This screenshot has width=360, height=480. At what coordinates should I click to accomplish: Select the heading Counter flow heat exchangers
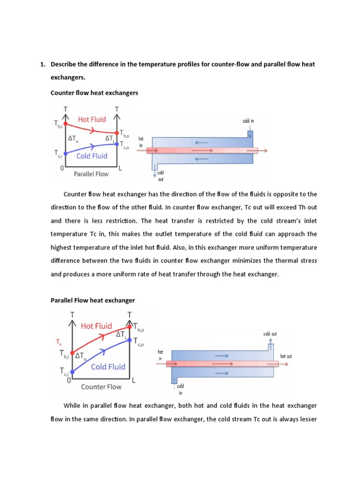[x=94, y=93]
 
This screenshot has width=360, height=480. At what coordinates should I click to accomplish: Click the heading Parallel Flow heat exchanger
[x=92, y=300]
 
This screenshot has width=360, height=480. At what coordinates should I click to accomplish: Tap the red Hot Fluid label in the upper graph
[x=92, y=120]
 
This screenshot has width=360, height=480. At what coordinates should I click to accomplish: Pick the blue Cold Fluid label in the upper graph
[x=92, y=156]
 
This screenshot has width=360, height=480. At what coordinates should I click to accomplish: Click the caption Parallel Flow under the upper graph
[x=91, y=174]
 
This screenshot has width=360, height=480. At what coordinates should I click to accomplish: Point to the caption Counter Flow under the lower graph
[x=101, y=387]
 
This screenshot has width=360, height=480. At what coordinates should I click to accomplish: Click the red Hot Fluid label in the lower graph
[x=96, y=326]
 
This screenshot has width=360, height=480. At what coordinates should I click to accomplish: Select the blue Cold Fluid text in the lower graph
[x=108, y=367]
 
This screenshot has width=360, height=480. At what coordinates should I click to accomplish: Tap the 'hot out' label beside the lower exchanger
[x=286, y=356]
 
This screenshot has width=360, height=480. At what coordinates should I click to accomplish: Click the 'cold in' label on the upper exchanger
[x=248, y=121]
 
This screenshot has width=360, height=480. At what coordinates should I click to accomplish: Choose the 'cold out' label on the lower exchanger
[x=270, y=334]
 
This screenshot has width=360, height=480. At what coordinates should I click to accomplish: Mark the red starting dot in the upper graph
[x=65, y=124]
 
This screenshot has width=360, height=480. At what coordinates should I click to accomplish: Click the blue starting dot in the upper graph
[x=65, y=153]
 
